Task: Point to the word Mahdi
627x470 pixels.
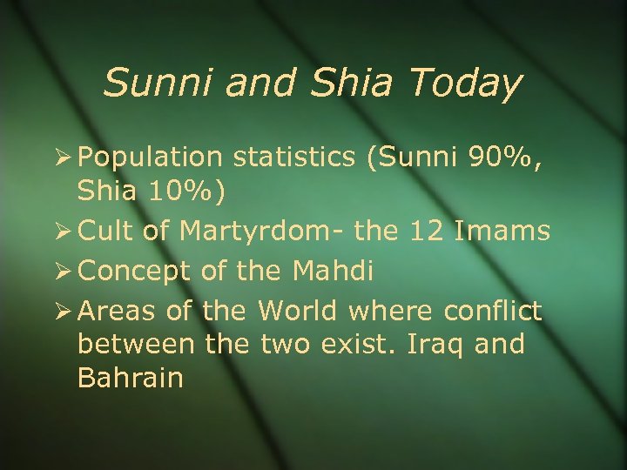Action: pos(331,270)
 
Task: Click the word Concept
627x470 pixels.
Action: pos(131,271)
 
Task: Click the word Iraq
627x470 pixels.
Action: pos(435,345)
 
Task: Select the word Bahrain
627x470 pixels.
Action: pos(130,379)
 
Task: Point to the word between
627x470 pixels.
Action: pos(135,344)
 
